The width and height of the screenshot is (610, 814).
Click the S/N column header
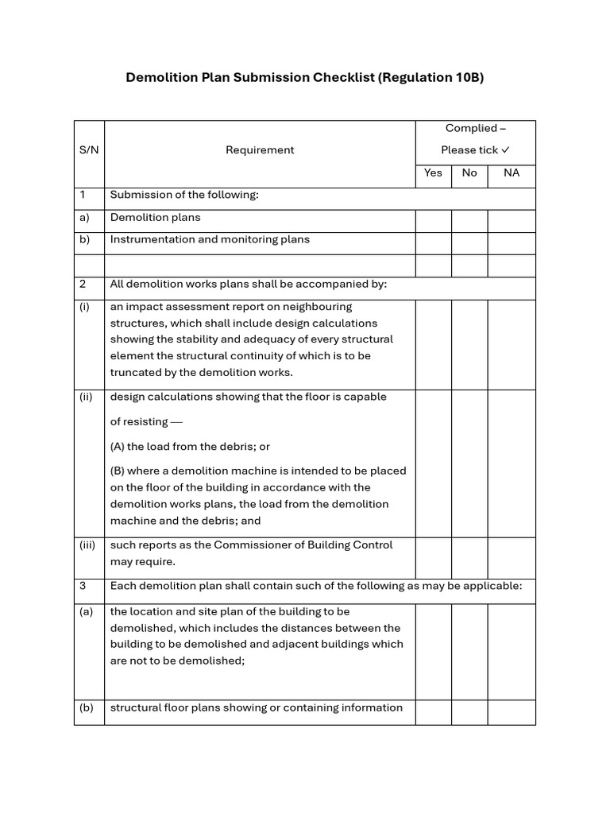[x=89, y=150]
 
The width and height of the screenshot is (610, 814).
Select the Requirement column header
[x=260, y=150]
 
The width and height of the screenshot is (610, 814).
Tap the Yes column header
[x=434, y=172]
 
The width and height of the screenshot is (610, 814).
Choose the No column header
[x=469, y=172]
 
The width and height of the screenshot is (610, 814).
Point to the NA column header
[x=512, y=172]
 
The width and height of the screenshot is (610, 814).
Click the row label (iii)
[x=87, y=545]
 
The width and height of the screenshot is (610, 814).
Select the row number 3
[x=83, y=586]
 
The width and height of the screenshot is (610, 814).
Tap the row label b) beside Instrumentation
[x=84, y=239]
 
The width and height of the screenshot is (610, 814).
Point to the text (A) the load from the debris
[x=190, y=447]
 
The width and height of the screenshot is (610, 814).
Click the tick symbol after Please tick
[x=506, y=149]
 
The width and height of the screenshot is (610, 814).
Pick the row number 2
[x=83, y=284]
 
